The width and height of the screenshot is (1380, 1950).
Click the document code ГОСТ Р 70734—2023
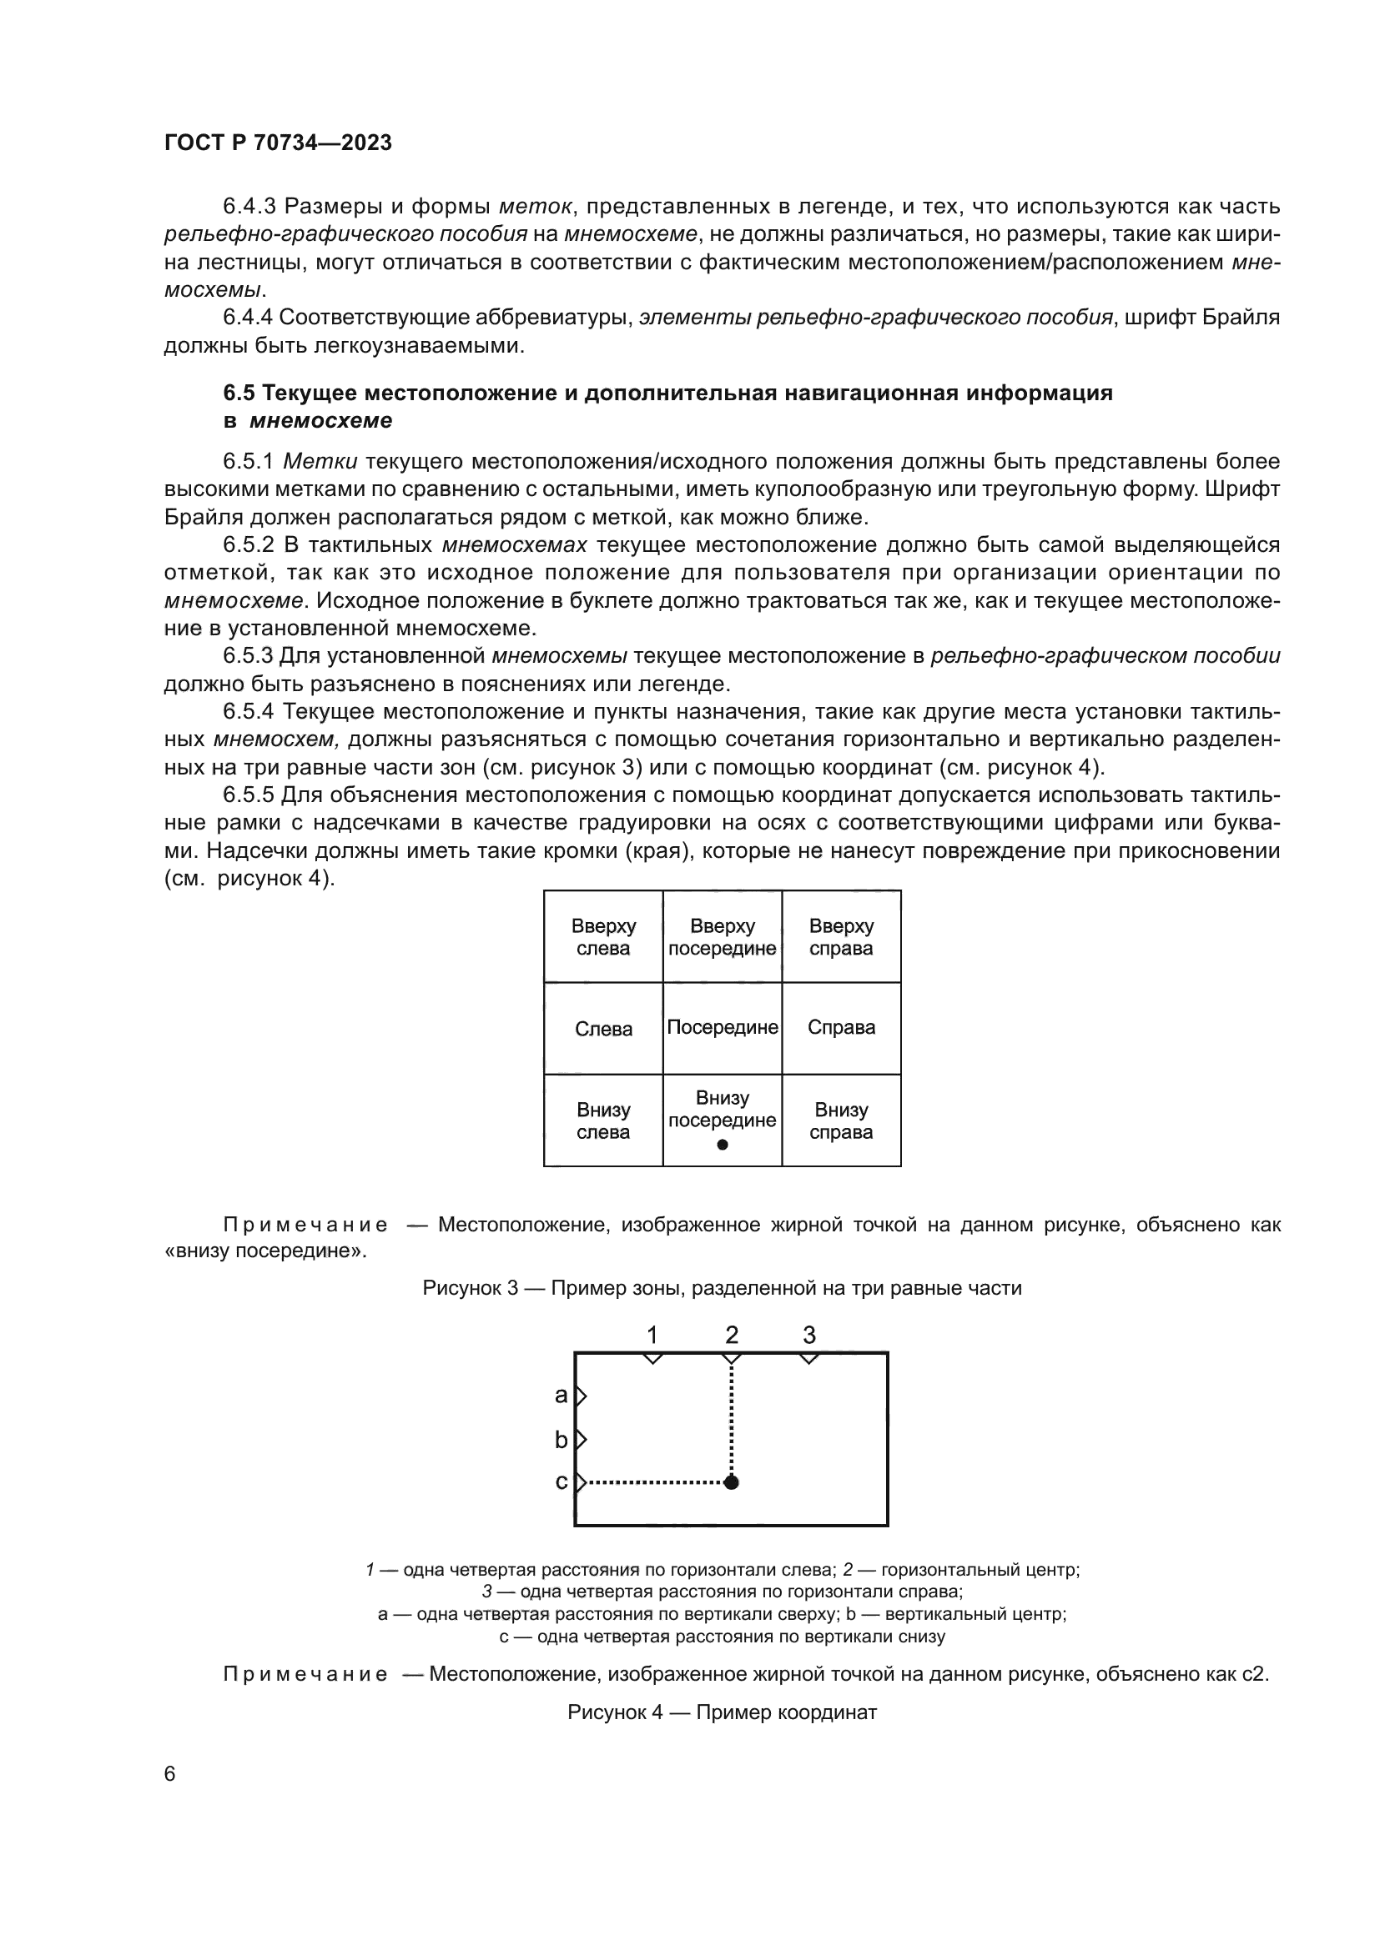pos(278,143)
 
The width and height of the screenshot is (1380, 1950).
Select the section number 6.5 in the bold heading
pos(239,394)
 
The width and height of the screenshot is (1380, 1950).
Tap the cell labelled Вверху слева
pos(603,938)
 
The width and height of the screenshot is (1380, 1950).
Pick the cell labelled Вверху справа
pos(840,938)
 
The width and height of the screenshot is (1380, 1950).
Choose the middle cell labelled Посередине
pos(723,1028)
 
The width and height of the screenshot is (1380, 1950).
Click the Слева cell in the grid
pos(603,1030)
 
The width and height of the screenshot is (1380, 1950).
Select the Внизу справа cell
pos(840,1121)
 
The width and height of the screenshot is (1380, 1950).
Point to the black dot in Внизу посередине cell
pos(723,1145)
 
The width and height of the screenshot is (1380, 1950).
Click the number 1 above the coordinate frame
pos(652,1335)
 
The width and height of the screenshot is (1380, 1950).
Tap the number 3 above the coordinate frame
pos(809,1335)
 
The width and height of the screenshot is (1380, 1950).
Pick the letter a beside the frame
pos(561,1395)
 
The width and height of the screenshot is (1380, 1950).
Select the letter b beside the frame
pos(561,1440)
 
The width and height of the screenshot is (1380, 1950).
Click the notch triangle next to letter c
pos(582,1483)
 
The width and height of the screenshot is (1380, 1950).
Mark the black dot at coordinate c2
pos(732,1483)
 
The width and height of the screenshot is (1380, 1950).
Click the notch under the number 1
pos(652,1359)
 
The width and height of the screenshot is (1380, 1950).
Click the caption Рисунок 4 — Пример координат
pos(722,1712)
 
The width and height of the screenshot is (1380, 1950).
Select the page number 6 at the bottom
pos(169,1773)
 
